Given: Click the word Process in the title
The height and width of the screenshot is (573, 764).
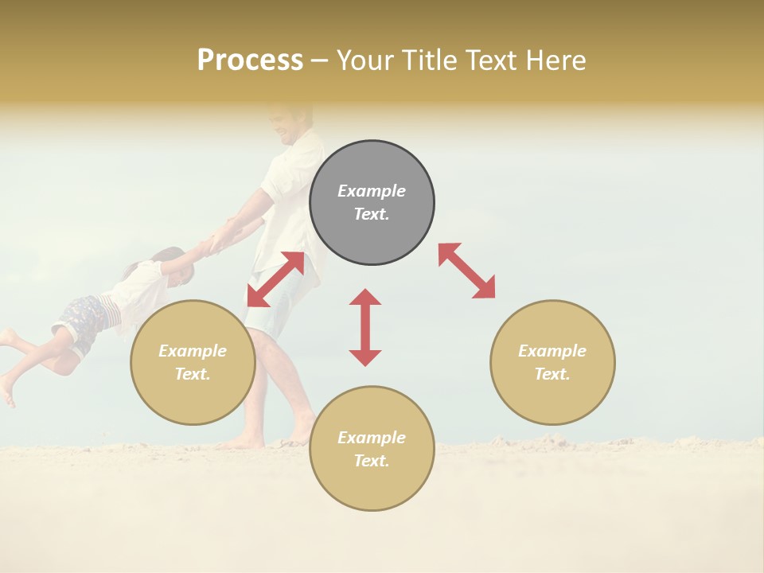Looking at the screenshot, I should coord(250,60).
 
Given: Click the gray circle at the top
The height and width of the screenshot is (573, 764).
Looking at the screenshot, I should coord(372,203).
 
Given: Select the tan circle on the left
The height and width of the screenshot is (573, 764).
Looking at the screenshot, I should coord(193,362).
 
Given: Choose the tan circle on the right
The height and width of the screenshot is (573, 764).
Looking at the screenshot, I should coord(552,362).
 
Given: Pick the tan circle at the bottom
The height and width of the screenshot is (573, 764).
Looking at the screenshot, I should coord(372,448).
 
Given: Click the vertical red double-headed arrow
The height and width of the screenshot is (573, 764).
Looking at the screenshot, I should coord(365,327).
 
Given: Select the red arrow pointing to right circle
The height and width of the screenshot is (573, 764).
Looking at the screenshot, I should coord(466,271).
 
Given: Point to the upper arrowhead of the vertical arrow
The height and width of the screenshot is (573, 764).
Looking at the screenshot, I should coord(365,297).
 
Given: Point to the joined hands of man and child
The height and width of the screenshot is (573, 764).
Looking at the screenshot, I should coord(219,240).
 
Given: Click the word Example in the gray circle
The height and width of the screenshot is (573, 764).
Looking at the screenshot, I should coord(372,191).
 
